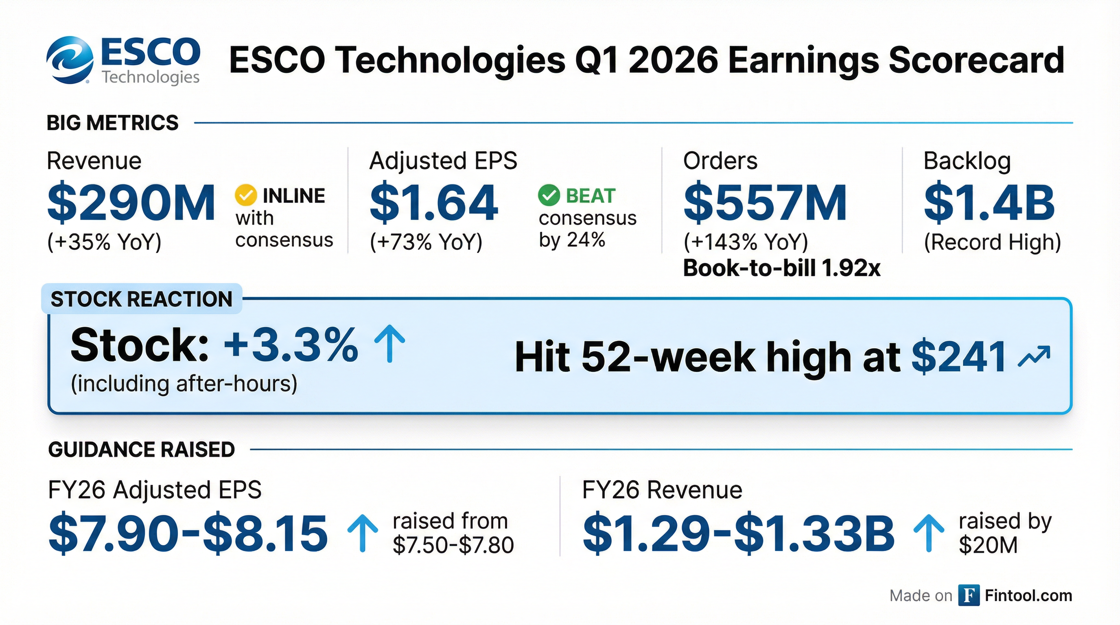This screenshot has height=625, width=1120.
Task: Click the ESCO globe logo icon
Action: (70, 60)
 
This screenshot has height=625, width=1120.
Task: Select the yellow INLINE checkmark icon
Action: (246, 195)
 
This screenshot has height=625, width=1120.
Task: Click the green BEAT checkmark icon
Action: (549, 195)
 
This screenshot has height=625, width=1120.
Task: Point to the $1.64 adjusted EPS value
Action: (433, 203)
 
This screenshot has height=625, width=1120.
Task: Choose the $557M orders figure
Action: (765, 203)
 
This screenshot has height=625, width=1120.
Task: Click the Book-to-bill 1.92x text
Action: (782, 268)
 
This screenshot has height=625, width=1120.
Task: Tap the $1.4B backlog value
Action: (989, 203)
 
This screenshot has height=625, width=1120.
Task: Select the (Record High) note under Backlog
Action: (992, 242)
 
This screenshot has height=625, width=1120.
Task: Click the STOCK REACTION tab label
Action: (142, 299)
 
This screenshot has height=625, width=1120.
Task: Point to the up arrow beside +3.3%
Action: (389, 343)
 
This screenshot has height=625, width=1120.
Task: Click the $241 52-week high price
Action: (959, 357)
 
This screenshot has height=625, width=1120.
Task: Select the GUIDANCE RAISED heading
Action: (142, 449)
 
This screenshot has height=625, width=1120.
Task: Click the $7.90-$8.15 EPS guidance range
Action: (188, 534)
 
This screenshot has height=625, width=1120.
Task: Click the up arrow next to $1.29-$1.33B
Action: (929, 533)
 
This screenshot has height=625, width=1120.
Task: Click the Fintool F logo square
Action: (969, 595)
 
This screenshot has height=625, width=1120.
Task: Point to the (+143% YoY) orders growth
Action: (746, 242)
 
